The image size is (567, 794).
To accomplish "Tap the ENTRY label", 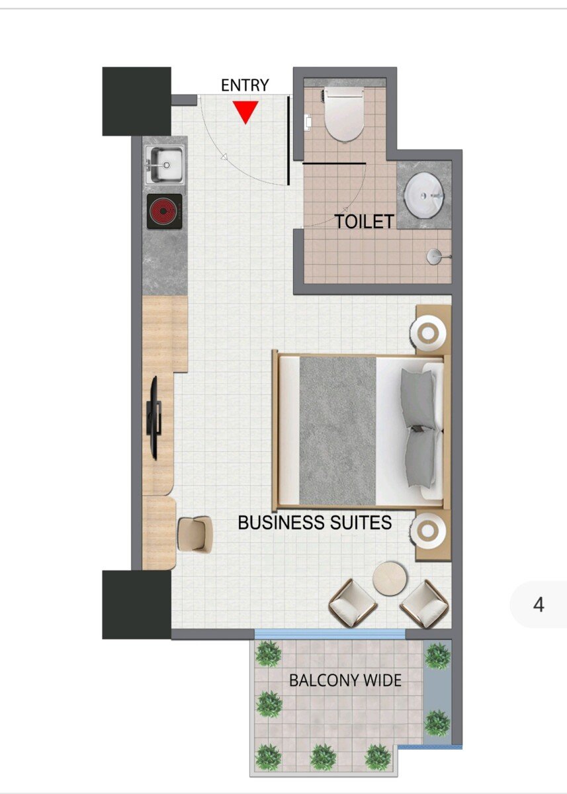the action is click(245, 85).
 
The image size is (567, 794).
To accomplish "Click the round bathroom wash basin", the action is click(424, 195).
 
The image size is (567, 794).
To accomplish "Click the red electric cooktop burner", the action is click(165, 212).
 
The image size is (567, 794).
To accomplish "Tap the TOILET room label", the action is click(365, 222).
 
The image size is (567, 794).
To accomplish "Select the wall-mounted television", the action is click(155, 418).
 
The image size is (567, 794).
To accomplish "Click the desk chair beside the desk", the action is click(195, 534).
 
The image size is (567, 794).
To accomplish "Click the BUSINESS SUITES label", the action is click(315, 523).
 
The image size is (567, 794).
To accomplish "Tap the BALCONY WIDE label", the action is click(345, 680).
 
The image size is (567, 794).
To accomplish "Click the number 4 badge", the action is click(539, 605).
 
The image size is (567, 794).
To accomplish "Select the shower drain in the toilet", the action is click(435, 256).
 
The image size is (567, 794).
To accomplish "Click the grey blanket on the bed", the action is click(337, 431).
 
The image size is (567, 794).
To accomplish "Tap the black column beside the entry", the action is click(137, 101).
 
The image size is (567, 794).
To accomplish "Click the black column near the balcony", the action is click(137, 604).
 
